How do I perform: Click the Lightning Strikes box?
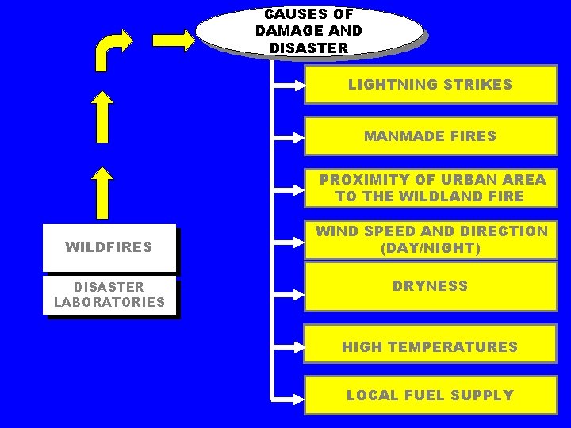coord(430,85)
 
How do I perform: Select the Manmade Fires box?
coord(430,136)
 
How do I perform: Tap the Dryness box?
coord(430,286)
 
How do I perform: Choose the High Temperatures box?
coord(430,346)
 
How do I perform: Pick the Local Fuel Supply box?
coord(430,395)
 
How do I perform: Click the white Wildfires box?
coord(109,247)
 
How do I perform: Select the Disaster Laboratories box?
coord(109,294)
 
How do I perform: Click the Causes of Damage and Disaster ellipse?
coord(309,32)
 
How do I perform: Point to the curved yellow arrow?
coord(110,49)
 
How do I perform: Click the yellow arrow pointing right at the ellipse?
coord(173,40)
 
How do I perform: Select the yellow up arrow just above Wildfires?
coord(102,193)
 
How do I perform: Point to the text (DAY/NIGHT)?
coord(431,248)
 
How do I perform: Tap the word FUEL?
coord(429,395)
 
